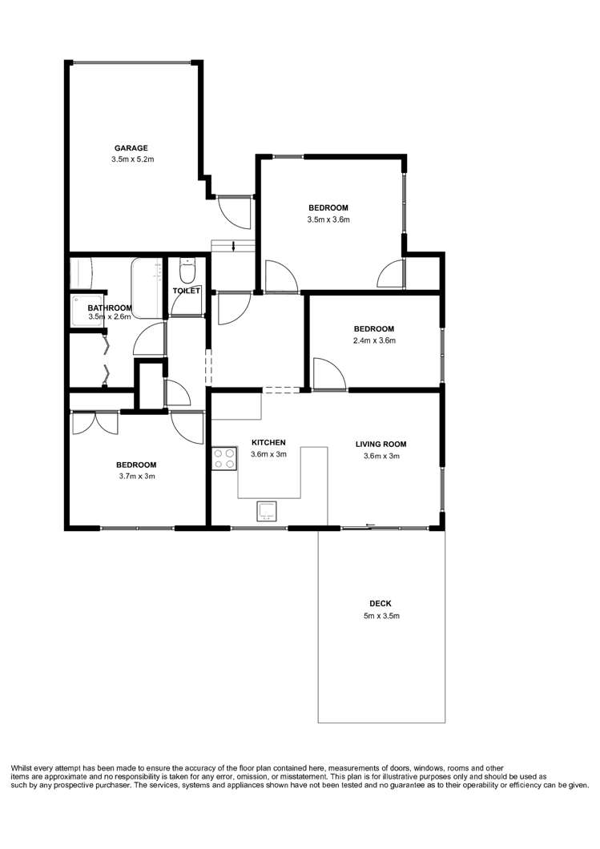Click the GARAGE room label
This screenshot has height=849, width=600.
click(131, 147)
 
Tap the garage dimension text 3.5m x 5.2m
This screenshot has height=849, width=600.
click(132, 159)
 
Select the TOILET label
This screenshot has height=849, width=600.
click(186, 291)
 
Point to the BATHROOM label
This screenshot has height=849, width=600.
click(110, 308)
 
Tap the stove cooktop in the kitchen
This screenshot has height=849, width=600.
click(223, 458)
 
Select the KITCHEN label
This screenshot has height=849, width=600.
click(268, 442)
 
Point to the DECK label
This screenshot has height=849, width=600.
click(381, 604)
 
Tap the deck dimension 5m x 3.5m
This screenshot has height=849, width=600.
click(381, 616)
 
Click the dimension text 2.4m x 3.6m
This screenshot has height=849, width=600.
click(375, 340)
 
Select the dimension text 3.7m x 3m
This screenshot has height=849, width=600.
click(135, 477)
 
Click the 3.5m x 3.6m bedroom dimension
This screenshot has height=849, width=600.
click(328, 219)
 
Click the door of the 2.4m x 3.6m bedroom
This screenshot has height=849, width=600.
click(328, 375)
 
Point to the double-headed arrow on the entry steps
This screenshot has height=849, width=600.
click(233, 246)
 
